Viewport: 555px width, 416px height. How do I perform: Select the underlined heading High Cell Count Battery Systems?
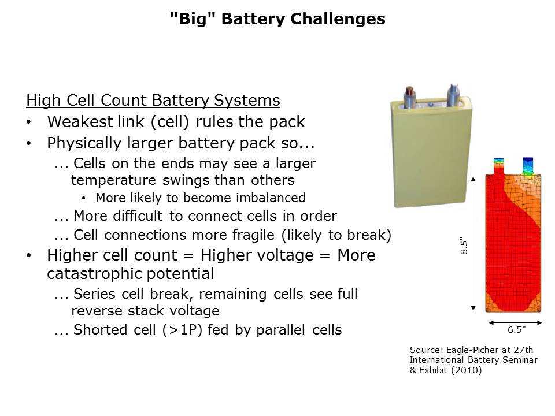tap(153, 101)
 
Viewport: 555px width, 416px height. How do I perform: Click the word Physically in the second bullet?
tap(81, 143)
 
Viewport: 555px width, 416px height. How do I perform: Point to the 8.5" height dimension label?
tap(462, 246)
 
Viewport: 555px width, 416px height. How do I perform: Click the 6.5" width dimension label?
tap(516, 330)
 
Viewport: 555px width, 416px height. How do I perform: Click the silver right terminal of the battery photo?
tap(450, 92)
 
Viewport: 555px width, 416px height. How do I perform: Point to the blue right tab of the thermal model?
tap(528, 165)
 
